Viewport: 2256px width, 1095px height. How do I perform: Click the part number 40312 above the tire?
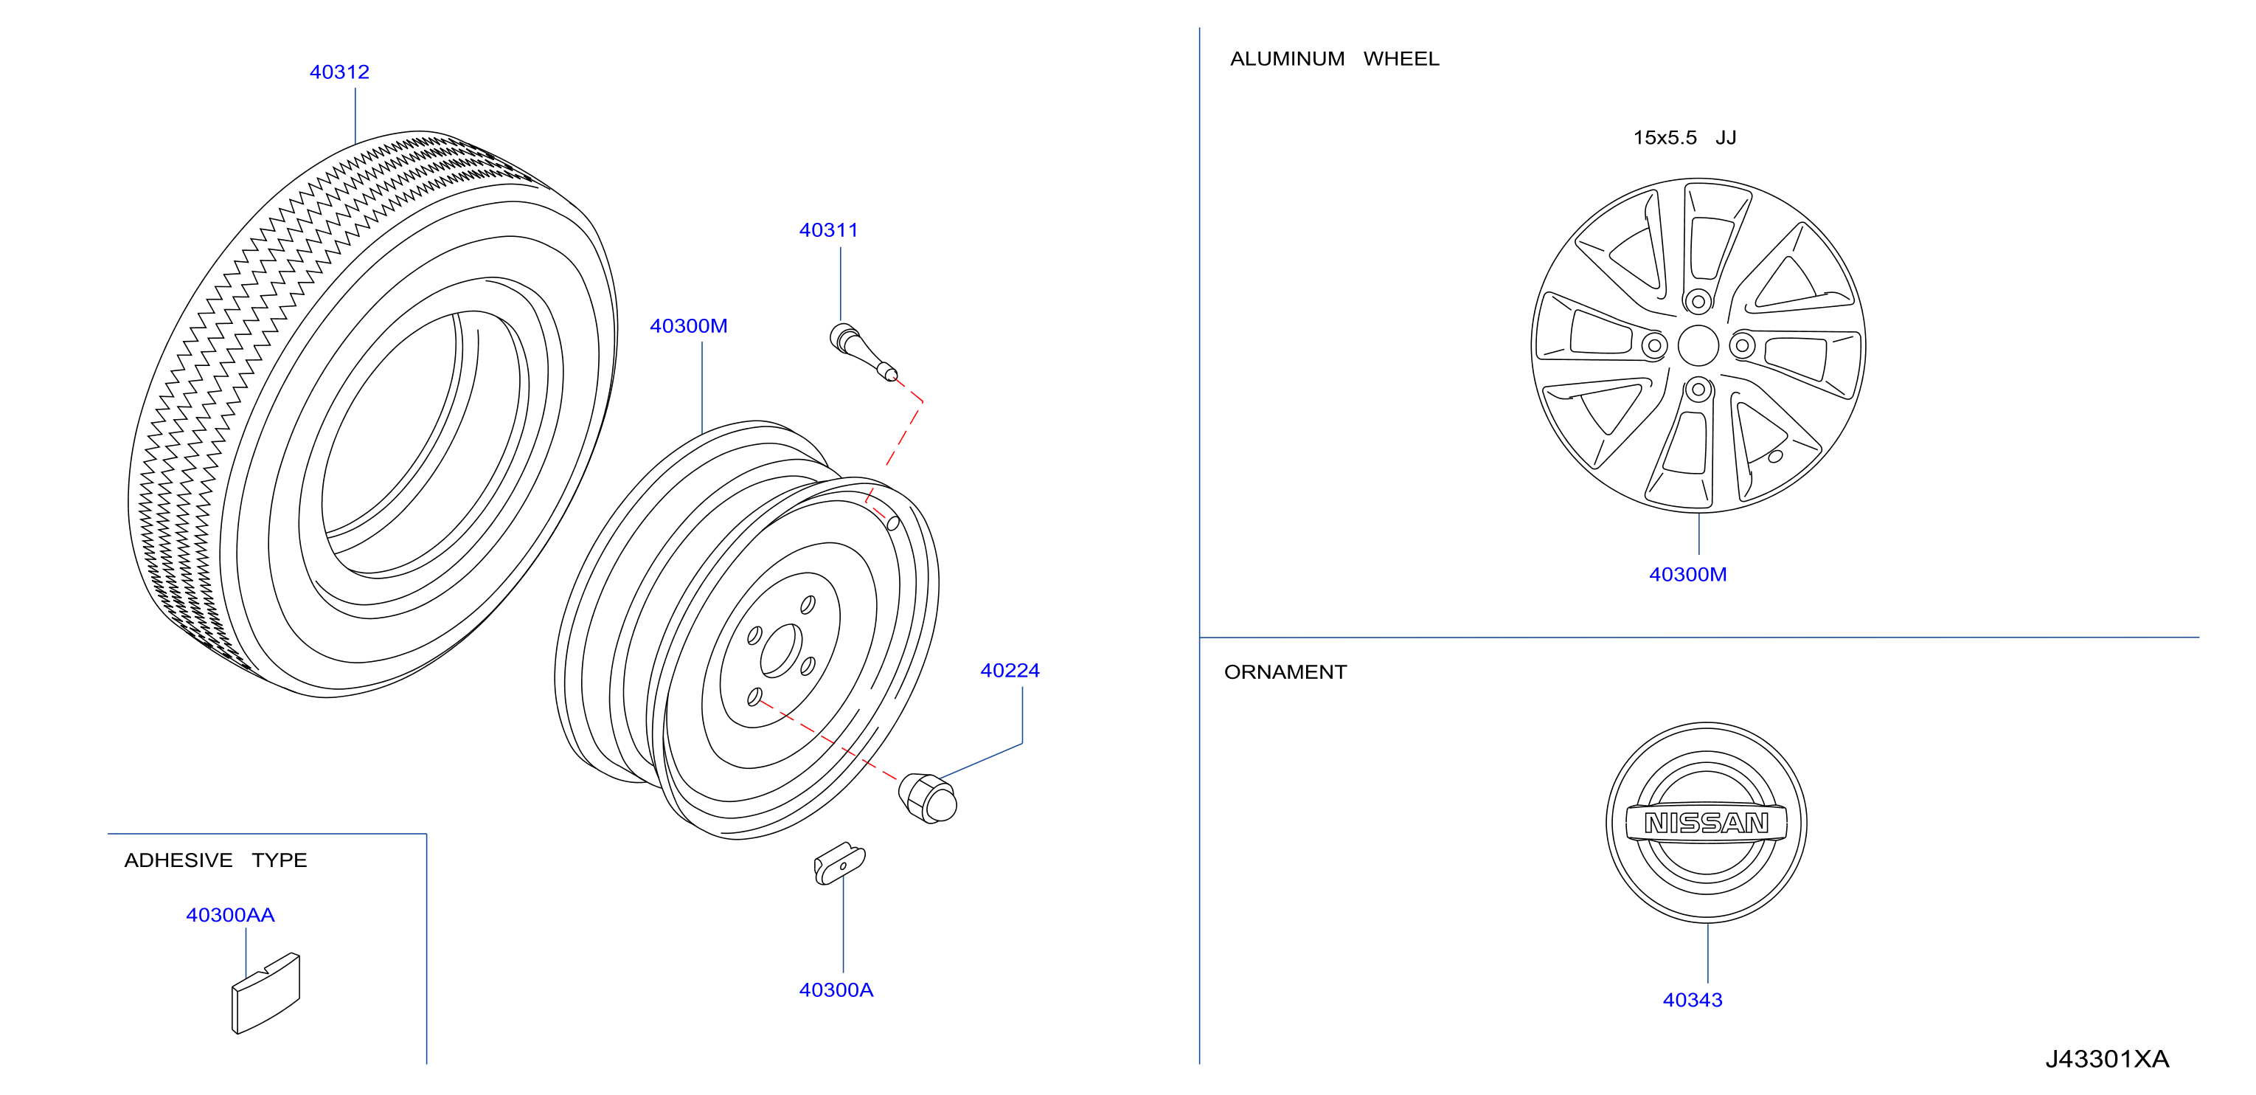pos(339,72)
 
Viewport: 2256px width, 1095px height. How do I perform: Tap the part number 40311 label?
pos(828,230)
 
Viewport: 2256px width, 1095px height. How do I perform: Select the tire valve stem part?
pos(863,351)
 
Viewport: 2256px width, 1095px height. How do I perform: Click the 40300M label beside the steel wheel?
pos(688,326)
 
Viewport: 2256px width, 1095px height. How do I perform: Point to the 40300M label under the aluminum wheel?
pos(1687,575)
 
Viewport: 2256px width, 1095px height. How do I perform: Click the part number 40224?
pos(1010,670)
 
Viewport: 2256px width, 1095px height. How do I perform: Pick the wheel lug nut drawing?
pos(928,798)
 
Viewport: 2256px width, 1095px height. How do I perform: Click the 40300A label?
pos(836,990)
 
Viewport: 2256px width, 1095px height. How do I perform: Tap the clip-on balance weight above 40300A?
pos(839,864)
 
